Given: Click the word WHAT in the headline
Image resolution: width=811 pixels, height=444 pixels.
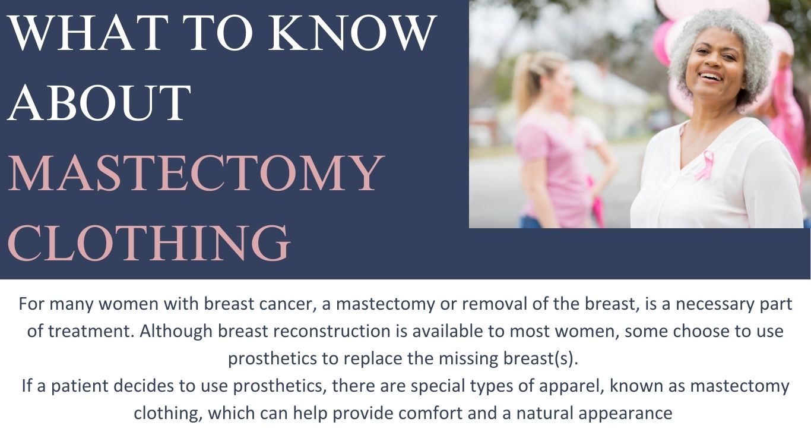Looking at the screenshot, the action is pyautogui.click(x=88, y=33).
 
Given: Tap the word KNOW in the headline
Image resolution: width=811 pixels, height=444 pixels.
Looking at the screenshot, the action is pyautogui.click(x=352, y=33).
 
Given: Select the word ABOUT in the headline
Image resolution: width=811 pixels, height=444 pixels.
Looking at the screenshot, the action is pyautogui.click(x=99, y=103).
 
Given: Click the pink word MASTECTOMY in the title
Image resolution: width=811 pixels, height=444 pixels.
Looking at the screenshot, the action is pyautogui.click(x=195, y=172).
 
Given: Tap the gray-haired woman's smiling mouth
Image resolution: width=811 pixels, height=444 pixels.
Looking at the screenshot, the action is pyautogui.click(x=711, y=77).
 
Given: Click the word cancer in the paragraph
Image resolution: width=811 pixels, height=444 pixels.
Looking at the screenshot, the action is pyautogui.click(x=286, y=303).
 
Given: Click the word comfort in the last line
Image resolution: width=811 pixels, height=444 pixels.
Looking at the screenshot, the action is pyautogui.click(x=430, y=413).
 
